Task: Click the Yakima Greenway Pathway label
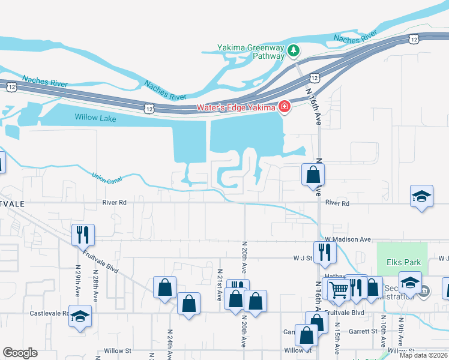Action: (x=251, y=52)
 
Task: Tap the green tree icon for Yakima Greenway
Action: (x=294, y=50)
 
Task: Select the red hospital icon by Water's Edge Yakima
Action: (x=284, y=108)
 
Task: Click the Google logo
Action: (x=20, y=353)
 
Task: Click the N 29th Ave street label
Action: (x=77, y=281)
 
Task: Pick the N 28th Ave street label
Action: (x=95, y=281)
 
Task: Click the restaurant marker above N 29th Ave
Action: (x=82, y=234)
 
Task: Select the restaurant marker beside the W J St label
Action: (x=325, y=252)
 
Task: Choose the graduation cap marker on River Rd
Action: (x=422, y=196)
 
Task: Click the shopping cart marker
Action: (x=339, y=289)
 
